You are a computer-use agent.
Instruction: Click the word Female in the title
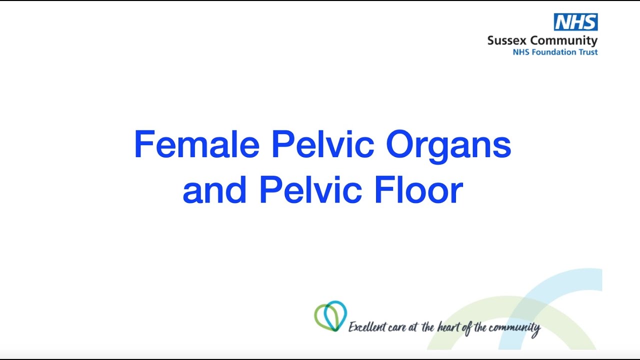tap(196, 145)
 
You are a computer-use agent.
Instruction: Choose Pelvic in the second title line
tap(310, 190)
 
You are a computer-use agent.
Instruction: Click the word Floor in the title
tap(418, 190)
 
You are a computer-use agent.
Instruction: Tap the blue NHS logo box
tap(575, 22)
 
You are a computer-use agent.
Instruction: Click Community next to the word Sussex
tap(564, 40)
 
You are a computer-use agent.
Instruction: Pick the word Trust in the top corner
tap(588, 52)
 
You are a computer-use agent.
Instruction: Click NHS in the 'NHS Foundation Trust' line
tap(521, 52)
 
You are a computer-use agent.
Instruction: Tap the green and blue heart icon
tap(330, 316)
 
